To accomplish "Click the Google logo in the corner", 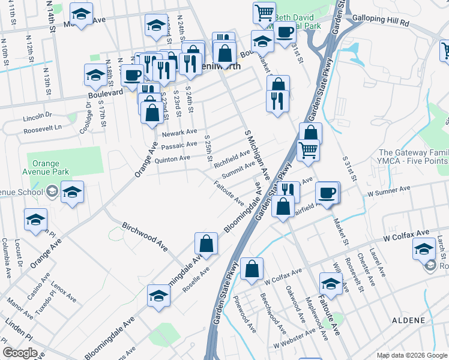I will [20, 353].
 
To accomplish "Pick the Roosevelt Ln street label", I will [42, 128].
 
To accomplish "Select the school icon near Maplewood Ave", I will [331, 284].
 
